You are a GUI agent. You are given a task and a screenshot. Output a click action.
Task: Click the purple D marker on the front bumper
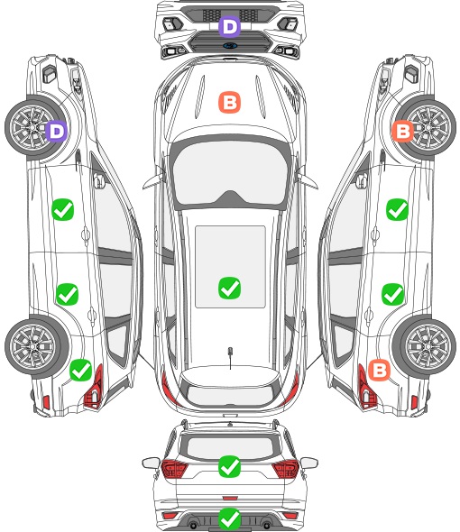click(x=229, y=26)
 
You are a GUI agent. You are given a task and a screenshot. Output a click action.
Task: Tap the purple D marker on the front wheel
click(x=57, y=131)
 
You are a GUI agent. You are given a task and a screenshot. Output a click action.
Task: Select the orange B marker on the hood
click(x=229, y=102)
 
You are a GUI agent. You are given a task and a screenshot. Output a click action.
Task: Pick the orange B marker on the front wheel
click(x=403, y=131)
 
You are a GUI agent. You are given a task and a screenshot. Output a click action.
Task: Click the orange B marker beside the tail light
click(x=379, y=370)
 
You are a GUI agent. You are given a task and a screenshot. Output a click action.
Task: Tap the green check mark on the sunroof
click(x=229, y=288)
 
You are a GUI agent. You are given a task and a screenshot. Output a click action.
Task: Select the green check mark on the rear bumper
click(x=229, y=518)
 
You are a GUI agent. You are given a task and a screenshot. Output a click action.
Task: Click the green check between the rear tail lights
click(x=229, y=466)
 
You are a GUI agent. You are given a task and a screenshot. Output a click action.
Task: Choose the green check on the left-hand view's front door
click(x=63, y=210)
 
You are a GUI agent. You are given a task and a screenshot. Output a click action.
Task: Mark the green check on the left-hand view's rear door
click(x=67, y=294)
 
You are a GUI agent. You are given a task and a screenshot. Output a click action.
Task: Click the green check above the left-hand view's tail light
click(x=81, y=370)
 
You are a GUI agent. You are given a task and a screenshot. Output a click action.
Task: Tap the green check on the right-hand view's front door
click(x=397, y=210)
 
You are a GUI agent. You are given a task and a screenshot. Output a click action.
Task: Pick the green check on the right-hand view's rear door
click(x=392, y=294)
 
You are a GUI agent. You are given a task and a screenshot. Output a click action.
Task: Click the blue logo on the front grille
click(x=230, y=45)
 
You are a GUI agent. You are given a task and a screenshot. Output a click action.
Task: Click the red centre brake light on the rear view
click(x=230, y=498)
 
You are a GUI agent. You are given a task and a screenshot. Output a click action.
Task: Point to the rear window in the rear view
click(x=230, y=447)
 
